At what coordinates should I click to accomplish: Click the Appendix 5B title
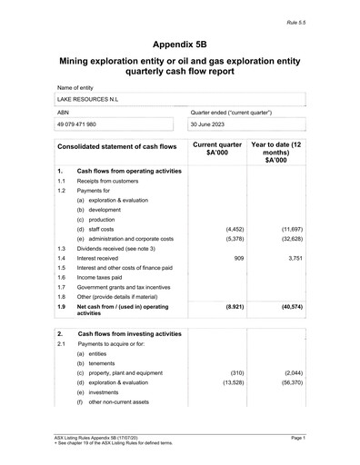point(180,43)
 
